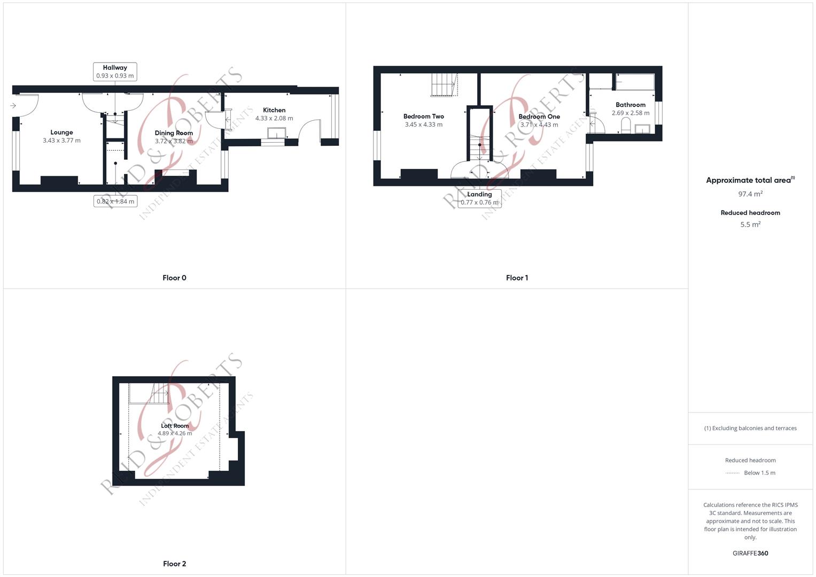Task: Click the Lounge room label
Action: click(61, 132)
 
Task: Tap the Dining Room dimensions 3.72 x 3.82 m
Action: click(174, 141)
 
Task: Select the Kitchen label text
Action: click(274, 110)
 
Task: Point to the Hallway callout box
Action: click(115, 72)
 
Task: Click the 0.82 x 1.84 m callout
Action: click(115, 201)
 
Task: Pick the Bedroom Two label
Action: click(424, 116)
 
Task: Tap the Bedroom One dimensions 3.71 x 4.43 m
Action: click(539, 124)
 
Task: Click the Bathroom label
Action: click(631, 105)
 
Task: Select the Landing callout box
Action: click(479, 199)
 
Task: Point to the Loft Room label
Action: click(175, 425)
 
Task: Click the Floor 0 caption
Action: click(175, 278)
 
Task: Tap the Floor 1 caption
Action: click(517, 278)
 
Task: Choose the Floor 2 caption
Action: click(175, 564)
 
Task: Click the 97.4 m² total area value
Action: click(750, 194)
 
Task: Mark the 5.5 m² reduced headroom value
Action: click(750, 224)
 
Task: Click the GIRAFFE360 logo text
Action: click(750, 553)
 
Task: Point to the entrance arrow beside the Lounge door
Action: click(13, 106)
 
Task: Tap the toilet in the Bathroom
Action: click(626, 124)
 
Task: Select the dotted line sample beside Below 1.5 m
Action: click(733, 473)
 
